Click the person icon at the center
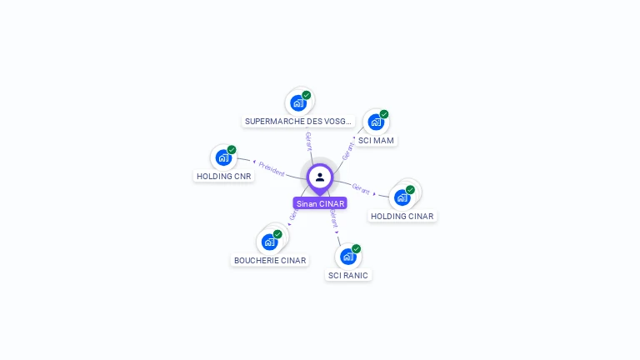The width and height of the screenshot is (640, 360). click(x=320, y=177)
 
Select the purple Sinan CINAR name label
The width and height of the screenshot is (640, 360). click(x=320, y=203)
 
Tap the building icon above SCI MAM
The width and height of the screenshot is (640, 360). click(x=376, y=122)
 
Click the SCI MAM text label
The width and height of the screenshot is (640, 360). click(x=376, y=140)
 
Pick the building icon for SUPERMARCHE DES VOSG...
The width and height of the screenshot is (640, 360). click(x=298, y=103)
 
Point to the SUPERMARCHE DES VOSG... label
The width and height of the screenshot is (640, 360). click(x=298, y=121)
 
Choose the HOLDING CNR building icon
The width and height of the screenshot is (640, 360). click(x=223, y=157)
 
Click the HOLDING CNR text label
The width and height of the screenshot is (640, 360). click(x=223, y=176)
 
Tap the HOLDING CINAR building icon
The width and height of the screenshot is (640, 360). click(x=402, y=197)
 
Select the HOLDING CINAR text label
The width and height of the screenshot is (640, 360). click(x=402, y=216)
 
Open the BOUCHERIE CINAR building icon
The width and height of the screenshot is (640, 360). click(x=269, y=242)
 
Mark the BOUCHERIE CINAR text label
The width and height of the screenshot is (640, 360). click(x=270, y=260)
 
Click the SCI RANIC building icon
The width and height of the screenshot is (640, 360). click(x=347, y=257)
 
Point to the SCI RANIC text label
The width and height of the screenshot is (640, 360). click(x=348, y=275)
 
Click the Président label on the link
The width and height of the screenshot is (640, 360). click(x=272, y=167)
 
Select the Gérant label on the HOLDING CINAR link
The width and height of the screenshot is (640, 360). click(x=361, y=188)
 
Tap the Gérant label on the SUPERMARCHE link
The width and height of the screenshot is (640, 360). click(x=308, y=141)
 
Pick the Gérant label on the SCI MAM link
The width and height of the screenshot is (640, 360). click(x=347, y=150)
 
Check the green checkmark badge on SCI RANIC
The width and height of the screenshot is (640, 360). click(x=356, y=248)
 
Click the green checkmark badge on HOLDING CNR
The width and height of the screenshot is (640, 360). click(x=232, y=150)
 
